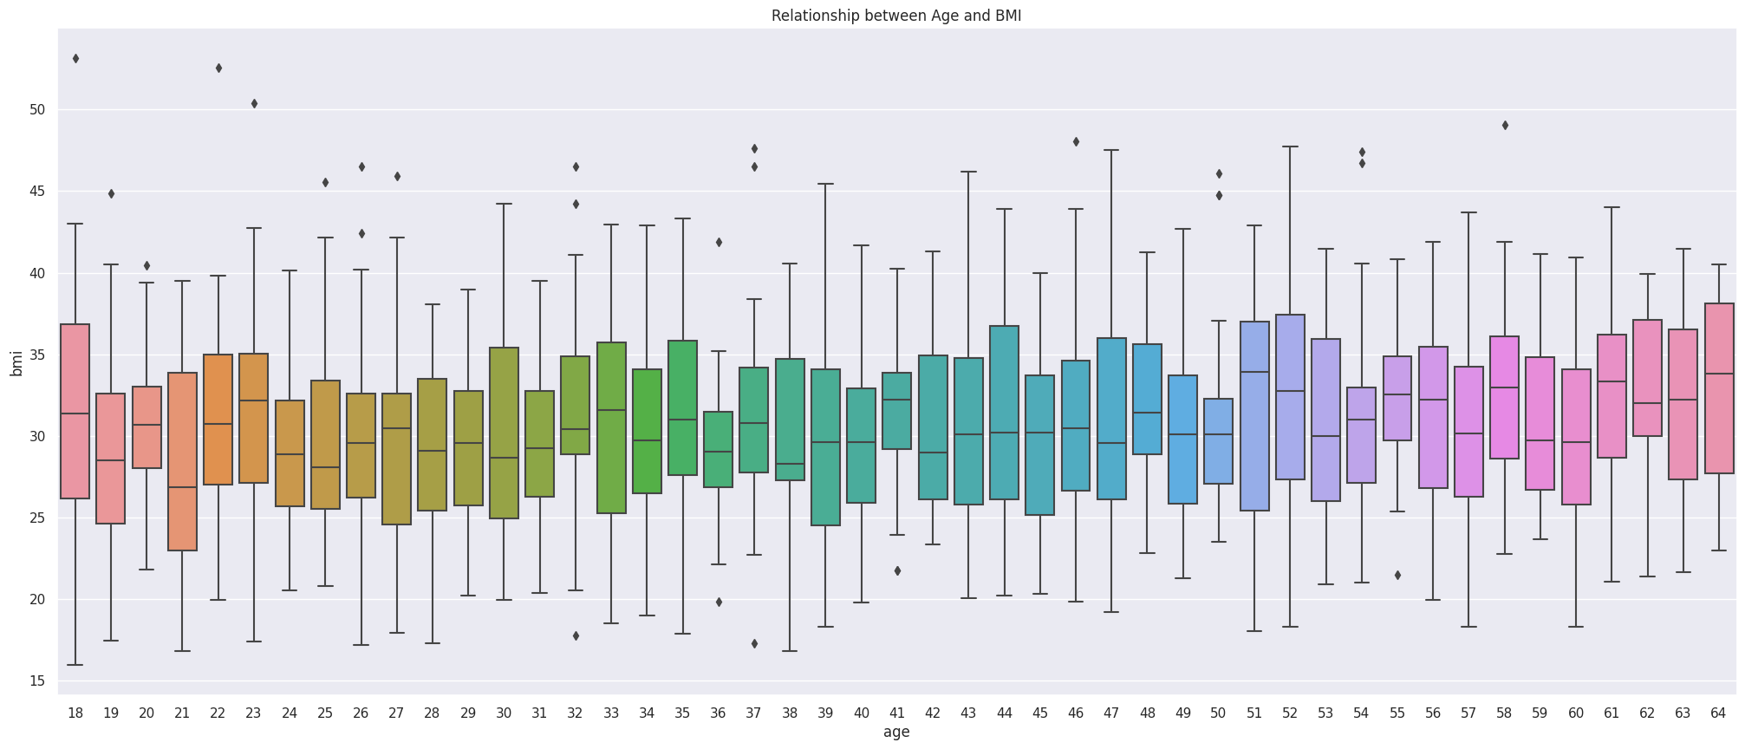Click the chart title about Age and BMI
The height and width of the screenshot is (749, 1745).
tap(896, 16)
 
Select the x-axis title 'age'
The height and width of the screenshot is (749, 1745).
tap(896, 733)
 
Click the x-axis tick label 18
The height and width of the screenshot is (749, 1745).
tap(75, 713)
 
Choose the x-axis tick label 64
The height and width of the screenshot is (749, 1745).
tap(1719, 713)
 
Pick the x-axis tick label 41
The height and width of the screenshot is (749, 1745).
tap(897, 713)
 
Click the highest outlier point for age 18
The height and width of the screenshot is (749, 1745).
tap(75, 59)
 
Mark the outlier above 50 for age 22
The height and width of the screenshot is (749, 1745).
tap(218, 68)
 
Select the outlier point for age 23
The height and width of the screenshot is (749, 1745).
tap(254, 104)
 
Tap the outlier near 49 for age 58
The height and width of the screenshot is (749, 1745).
tap(1505, 126)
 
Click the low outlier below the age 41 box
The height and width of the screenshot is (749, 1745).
tap(897, 571)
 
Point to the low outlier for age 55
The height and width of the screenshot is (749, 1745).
tap(1397, 576)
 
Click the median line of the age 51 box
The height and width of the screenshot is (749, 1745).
tap(1254, 372)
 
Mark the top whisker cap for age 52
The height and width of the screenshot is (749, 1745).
tap(1290, 147)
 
